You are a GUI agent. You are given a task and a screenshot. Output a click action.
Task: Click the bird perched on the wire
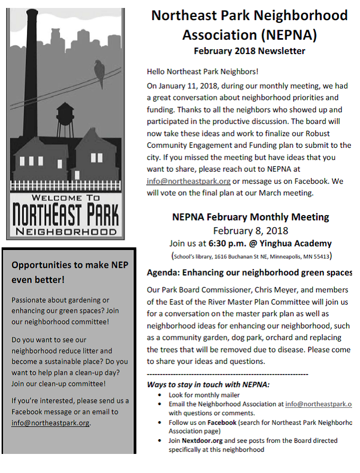coord(98,72)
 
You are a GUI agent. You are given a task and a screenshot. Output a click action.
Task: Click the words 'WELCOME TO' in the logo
coord(65,198)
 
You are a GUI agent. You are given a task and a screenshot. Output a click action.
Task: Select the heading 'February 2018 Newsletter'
coord(249,51)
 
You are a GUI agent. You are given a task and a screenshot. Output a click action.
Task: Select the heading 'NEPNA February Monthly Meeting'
coord(250,217)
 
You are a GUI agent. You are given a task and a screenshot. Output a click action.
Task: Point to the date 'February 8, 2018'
coord(250,230)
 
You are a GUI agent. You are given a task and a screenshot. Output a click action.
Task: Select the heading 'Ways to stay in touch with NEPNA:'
coord(208,385)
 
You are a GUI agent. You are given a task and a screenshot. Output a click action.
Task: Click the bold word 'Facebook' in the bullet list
coord(222,423)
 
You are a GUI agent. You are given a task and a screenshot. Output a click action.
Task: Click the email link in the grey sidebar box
coord(50,423)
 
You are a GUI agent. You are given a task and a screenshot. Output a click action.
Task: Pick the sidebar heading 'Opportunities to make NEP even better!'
coord(69,272)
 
